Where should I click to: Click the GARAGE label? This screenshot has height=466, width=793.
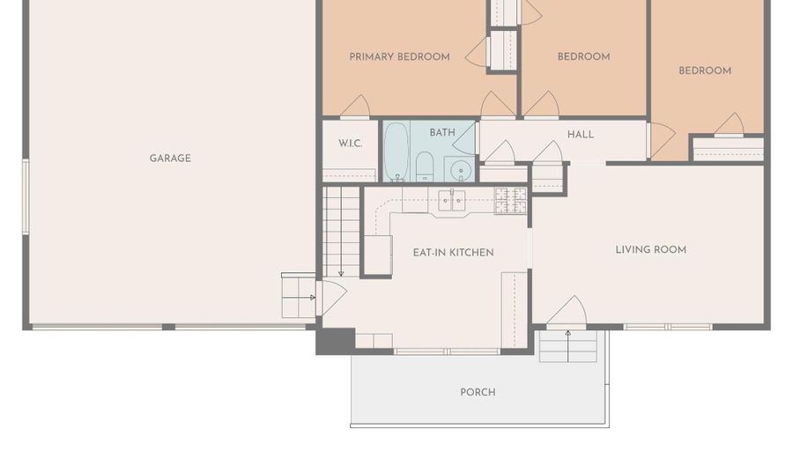point(170,159)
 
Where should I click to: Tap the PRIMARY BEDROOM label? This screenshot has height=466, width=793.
point(399,56)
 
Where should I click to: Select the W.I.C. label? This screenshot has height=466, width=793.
point(350,144)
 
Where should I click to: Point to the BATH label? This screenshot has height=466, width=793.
point(442,132)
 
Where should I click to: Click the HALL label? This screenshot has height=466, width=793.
point(580,135)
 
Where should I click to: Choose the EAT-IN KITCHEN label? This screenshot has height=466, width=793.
point(453,253)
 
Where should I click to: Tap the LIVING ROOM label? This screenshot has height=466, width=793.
point(650,249)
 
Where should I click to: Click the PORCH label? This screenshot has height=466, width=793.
point(478,392)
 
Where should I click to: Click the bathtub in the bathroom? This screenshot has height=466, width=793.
point(396,152)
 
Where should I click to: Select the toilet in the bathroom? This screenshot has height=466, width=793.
point(425,166)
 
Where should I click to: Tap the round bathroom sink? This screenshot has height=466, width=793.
point(460,169)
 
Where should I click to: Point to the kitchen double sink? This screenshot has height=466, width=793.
point(451,201)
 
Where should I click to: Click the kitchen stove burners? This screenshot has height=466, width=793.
point(510,200)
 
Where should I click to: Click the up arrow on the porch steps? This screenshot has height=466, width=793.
point(568,346)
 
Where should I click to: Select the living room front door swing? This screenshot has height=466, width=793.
point(567,311)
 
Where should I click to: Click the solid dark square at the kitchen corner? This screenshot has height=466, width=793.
point(336,341)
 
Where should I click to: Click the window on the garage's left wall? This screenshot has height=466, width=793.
point(26,196)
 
